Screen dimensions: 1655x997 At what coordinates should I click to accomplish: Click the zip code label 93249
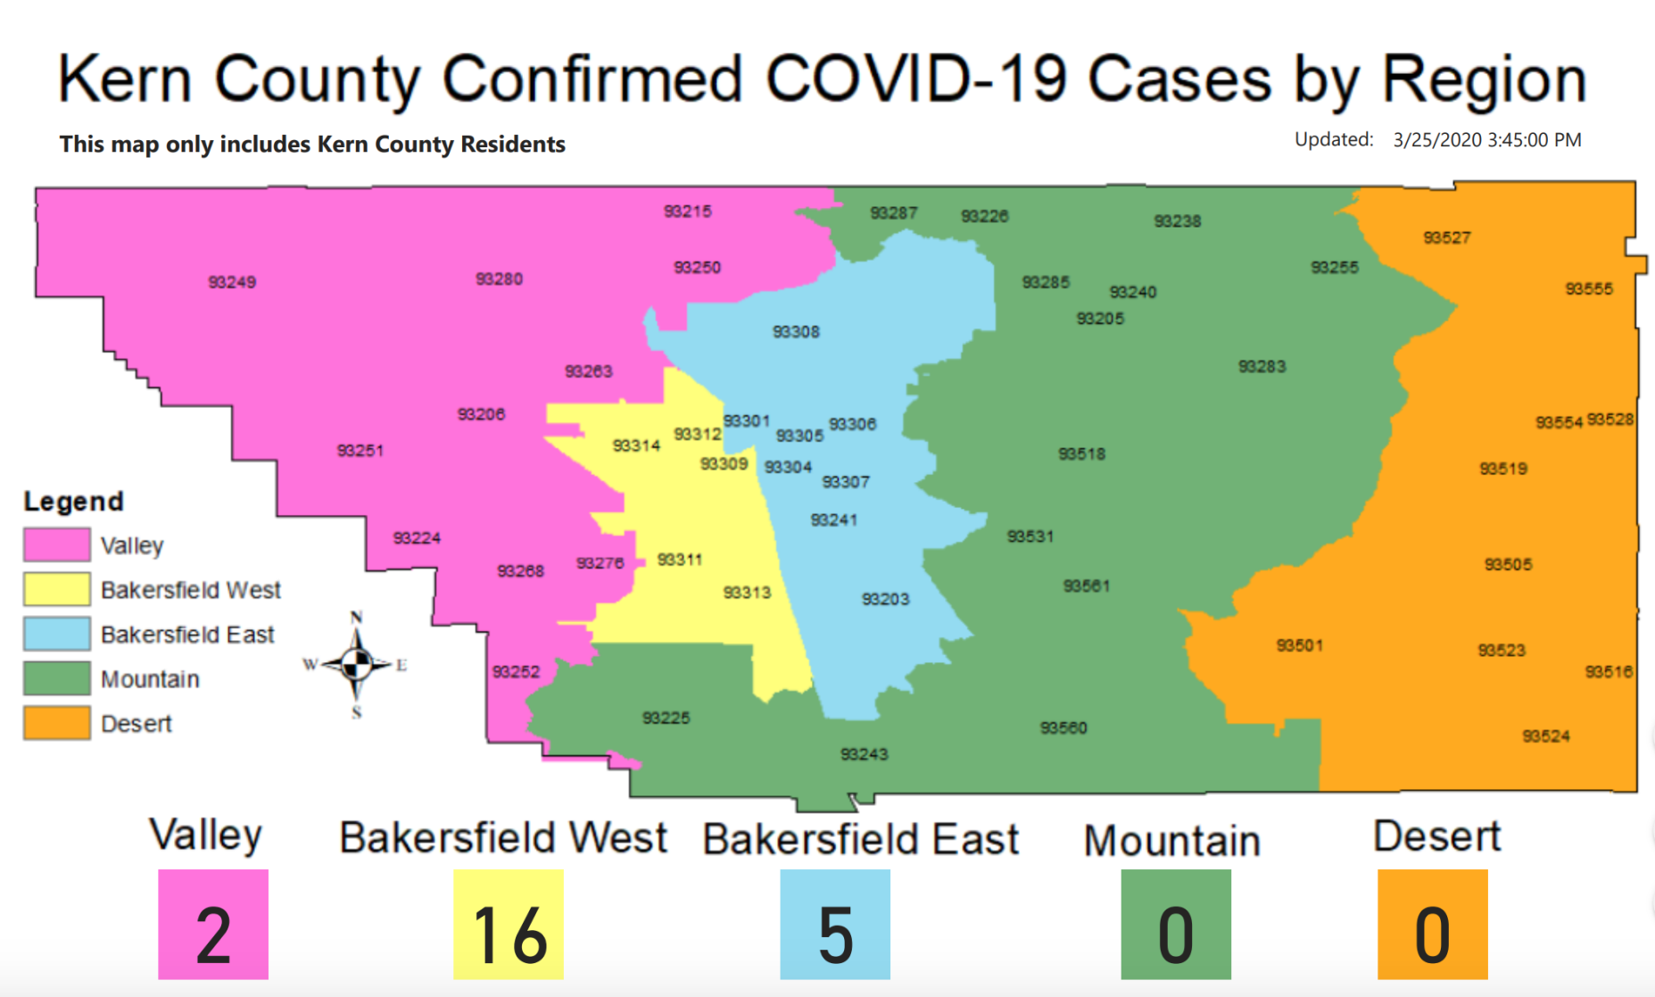[232, 282]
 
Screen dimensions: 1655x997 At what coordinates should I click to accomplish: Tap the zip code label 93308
[796, 332]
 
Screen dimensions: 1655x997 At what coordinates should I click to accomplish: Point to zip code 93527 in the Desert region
[1447, 237]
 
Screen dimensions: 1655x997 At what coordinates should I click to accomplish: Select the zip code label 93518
[1081, 454]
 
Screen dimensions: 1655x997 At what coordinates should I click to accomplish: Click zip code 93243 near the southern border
[864, 754]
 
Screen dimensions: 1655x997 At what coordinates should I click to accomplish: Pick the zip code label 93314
[636, 445]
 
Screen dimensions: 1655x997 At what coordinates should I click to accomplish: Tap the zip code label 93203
[885, 599]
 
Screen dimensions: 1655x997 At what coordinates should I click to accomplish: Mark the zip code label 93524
[1546, 736]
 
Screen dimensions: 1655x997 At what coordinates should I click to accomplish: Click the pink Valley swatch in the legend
[57, 544]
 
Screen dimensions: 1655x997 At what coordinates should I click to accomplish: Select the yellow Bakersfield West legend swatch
[57, 589]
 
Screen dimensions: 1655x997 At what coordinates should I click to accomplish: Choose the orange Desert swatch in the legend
[57, 723]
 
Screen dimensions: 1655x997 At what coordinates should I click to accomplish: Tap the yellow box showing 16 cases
[509, 925]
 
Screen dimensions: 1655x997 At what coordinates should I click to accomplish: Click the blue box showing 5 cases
[835, 925]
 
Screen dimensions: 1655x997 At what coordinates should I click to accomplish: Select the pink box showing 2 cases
[213, 925]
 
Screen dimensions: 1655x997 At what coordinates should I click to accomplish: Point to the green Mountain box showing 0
[1176, 925]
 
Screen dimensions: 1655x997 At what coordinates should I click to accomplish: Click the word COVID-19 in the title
[916, 79]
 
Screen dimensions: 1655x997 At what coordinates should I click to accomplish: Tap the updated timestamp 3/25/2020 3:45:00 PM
[1487, 140]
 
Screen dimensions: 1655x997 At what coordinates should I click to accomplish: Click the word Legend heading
[74, 502]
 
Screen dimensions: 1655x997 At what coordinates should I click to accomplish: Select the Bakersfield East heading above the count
[861, 839]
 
